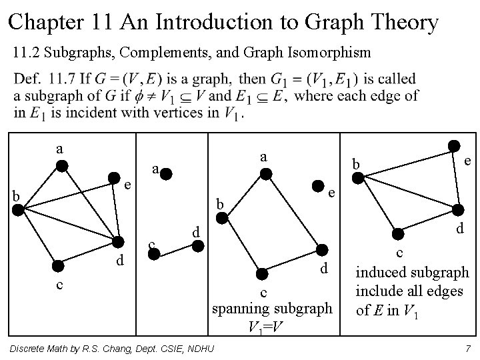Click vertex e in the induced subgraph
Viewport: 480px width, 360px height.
click(454, 146)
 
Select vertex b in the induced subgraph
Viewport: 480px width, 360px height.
click(358, 177)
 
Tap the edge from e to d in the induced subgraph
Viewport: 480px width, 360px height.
click(456, 177)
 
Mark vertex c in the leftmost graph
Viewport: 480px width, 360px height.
click(58, 266)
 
